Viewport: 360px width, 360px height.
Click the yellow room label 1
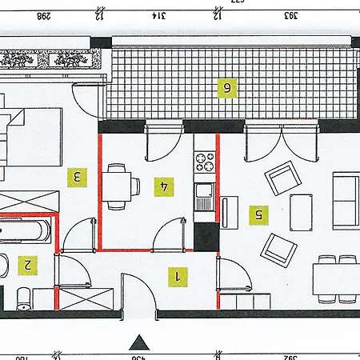pyautogui.click(x=178, y=277)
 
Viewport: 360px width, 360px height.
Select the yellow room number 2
pyautogui.click(x=28, y=263)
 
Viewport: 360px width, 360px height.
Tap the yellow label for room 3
pyautogui.click(x=77, y=176)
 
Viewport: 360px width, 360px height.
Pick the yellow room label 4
pyautogui.click(x=165, y=186)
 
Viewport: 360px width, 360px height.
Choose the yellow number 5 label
pyautogui.click(x=257, y=214)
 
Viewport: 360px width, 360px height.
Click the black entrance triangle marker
pyautogui.click(x=139, y=342)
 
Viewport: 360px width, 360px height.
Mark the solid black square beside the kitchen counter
pyautogui.click(x=206, y=237)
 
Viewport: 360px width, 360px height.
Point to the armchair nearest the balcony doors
pyautogui.click(x=282, y=178)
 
